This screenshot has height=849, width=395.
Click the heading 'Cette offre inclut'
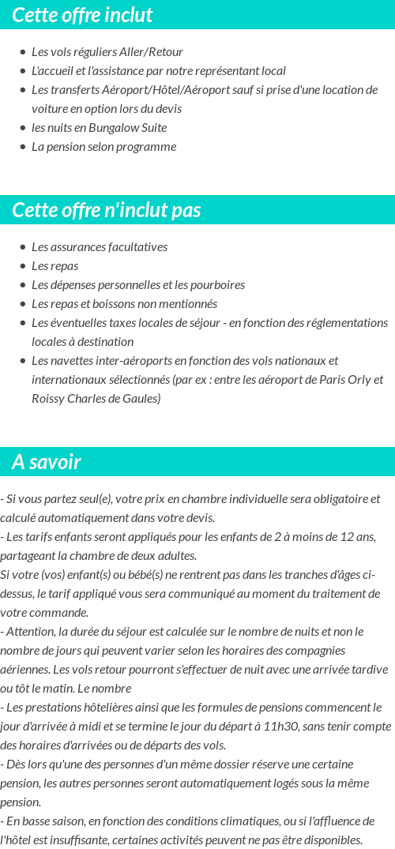tap(82, 15)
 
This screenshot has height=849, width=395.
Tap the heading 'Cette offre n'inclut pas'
tap(107, 210)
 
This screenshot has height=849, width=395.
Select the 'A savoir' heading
tap(47, 462)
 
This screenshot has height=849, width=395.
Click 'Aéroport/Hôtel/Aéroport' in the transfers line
tap(145, 90)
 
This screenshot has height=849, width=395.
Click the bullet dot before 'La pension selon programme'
tap(23, 147)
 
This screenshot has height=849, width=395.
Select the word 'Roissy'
tap(48, 399)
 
